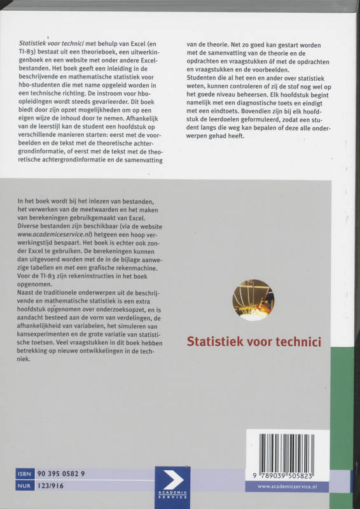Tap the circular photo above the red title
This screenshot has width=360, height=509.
tap(253, 300)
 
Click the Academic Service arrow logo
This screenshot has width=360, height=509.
tap(172, 482)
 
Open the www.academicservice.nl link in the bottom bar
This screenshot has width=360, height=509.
tap(292, 486)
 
